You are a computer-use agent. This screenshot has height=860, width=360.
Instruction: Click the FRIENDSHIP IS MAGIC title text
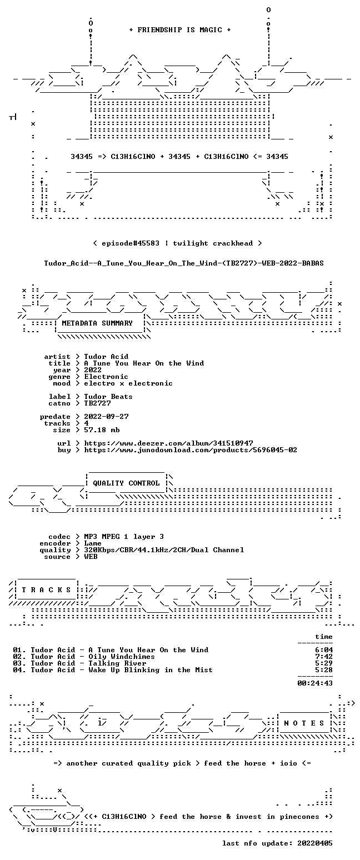[x=180, y=30]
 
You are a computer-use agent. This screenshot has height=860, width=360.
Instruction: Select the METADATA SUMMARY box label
[x=97, y=323]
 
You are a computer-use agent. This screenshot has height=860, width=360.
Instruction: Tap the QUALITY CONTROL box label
[x=126, y=483]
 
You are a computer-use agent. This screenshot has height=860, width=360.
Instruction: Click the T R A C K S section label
[x=46, y=590]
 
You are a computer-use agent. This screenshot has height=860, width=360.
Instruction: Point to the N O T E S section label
[x=304, y=723]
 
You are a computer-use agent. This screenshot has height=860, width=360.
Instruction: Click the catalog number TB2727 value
[x=97, y=403]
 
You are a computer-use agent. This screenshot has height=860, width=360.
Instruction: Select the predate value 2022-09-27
[x=106, y=417]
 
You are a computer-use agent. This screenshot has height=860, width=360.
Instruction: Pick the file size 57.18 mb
[x=102, y=430]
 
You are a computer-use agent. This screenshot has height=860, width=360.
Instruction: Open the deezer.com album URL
[x=168, y=443]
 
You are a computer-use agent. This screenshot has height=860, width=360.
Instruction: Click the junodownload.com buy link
[x=191, y=450]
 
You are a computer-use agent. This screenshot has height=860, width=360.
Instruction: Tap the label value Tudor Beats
[x=108, y=397]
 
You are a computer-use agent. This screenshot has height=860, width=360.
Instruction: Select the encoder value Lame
[x=93, y=543]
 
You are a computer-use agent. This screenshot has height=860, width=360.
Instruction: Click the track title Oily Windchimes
[x=122, y=657]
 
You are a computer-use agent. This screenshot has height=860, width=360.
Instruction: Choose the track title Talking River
[x=117, y=663]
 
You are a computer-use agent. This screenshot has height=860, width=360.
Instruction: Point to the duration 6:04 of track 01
[x=324, y=650]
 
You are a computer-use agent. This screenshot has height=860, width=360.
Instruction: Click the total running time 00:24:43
[x=315, y=683]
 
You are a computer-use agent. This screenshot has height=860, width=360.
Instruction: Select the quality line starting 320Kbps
[x=164, y=550]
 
